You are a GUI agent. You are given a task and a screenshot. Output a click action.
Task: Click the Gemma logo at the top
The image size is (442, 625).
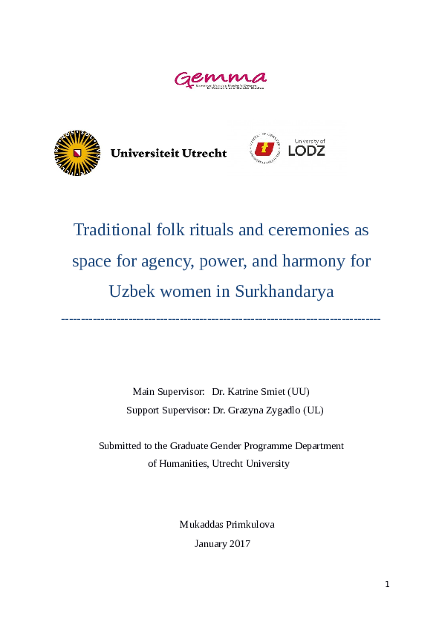(x=220, y=79)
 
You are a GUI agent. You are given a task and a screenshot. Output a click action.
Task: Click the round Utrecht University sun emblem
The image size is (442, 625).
(x=77, y=153)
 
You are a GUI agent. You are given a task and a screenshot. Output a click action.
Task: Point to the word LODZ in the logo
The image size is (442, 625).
(x=307, y=151)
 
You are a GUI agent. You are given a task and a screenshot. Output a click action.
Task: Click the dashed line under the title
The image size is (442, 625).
(x=221, y=318)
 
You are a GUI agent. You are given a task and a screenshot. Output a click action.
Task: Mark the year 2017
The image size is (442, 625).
(x=239, y=543)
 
